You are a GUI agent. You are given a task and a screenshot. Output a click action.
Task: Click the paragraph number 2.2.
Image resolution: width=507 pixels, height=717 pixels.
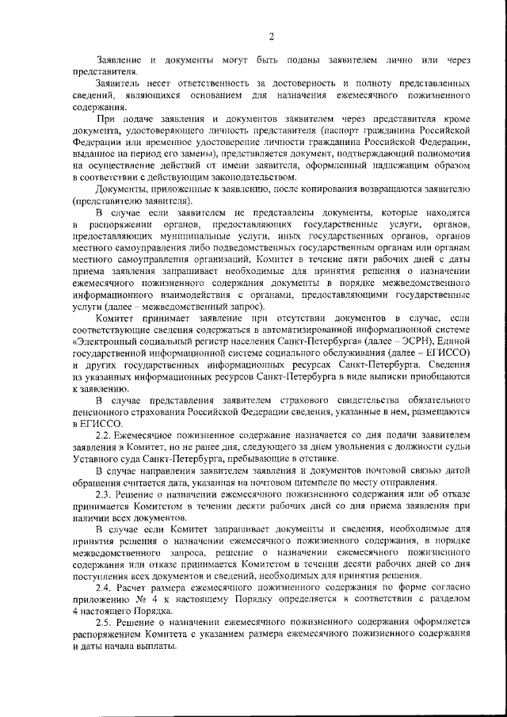click(x=105, y=437)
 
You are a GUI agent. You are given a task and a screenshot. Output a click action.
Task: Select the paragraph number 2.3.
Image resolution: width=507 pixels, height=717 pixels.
click(x=105, y=494)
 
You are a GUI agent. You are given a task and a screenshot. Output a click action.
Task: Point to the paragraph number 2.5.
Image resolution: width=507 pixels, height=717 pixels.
click(x=105, y=623)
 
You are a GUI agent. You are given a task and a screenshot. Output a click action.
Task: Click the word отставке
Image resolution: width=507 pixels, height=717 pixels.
click(x=304, y=460)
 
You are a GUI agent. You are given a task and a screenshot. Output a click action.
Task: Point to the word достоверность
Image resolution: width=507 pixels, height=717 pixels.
click(x=295, y=82)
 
